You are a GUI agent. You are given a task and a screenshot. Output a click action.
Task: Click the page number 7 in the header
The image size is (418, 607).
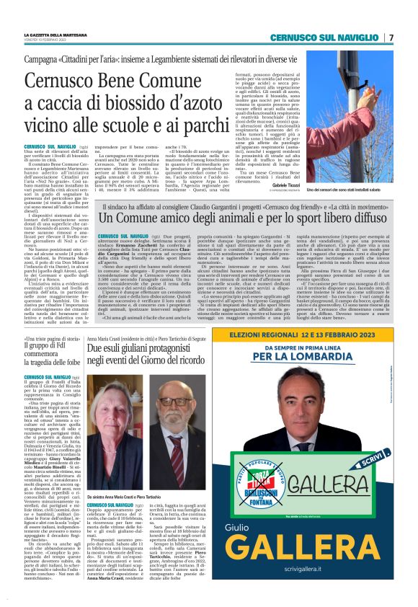(391, 37)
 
